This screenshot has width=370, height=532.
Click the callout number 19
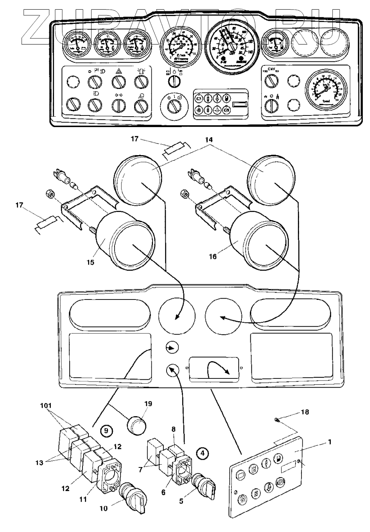(148, 404)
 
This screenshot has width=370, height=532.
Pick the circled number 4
(203, 453)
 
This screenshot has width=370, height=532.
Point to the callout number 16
(212, 256)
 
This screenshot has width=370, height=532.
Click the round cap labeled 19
(136, 424)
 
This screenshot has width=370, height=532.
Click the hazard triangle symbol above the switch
(119, 71)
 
